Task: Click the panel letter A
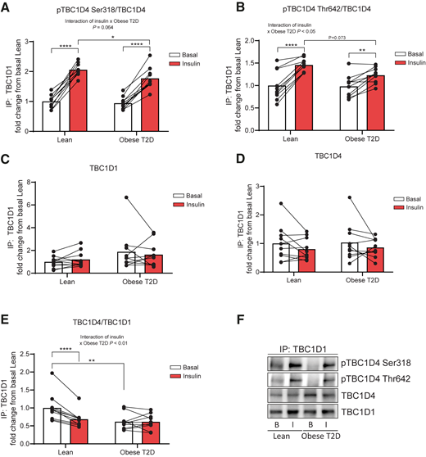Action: [7, 7]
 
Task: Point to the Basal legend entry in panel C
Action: [193, 195]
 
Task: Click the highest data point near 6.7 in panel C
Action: [127, 197]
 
